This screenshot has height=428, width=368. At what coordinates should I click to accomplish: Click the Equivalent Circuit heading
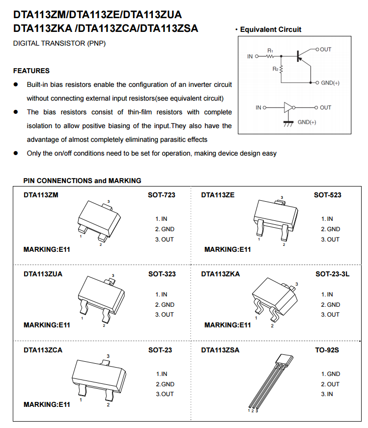tap(270, 29)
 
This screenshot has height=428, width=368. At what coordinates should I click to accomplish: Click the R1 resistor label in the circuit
tap(270, 51)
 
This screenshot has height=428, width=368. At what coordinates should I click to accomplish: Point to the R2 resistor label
tap(276, 69)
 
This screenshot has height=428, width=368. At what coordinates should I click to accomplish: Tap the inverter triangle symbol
tap(288, 107)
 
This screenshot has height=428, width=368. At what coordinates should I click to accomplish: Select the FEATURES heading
tap(31, 71)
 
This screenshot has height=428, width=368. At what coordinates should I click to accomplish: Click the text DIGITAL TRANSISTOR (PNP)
tap(59, 44)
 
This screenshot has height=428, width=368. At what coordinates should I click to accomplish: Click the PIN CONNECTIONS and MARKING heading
tap(82, 181)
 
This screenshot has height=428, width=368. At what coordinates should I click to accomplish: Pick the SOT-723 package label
tap(162, 195)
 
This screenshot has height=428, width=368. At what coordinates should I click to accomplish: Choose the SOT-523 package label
tap(328, 195)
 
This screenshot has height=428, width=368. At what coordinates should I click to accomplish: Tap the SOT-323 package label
tap(162, 274)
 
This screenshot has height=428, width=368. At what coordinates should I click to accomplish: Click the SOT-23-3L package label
tap(332, 274)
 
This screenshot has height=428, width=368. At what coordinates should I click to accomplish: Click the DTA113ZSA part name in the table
tap(220, 350)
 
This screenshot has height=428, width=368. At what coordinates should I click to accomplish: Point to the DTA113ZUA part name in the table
tap(43, 274)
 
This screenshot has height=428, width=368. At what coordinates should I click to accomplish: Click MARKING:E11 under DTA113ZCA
tap(47, 404)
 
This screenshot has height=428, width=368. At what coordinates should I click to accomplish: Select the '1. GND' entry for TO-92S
tap(331, 374)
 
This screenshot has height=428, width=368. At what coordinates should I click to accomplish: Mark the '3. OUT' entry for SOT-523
tap(330, 240)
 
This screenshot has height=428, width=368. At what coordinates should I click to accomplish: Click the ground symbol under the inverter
tap(288, 122)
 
